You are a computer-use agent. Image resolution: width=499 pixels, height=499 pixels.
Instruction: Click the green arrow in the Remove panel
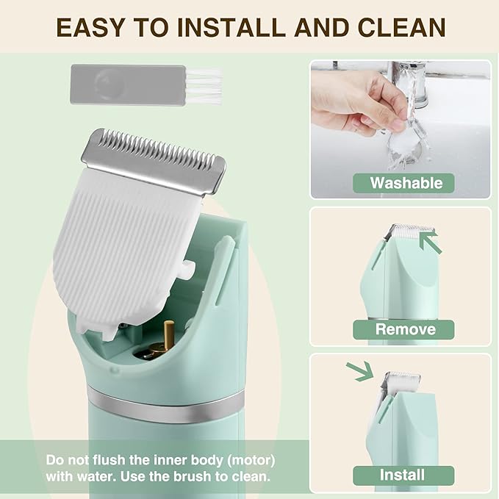click(x=431, y=240)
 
